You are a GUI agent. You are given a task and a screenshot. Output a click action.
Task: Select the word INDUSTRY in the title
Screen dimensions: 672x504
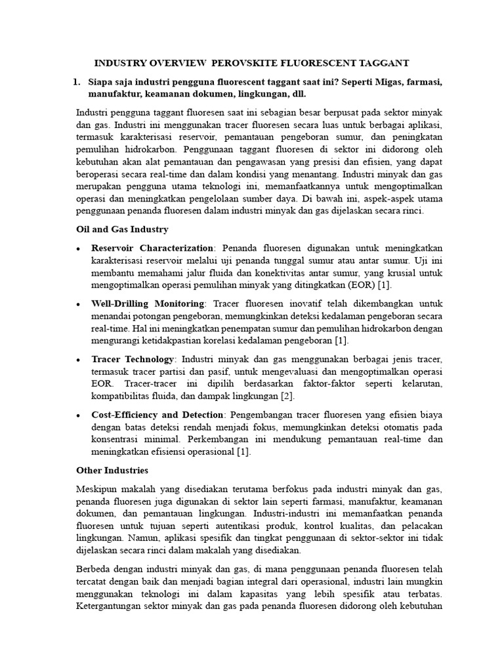coord(123,63)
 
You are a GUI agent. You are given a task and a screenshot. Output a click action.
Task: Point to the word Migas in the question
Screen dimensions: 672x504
coord(381,81)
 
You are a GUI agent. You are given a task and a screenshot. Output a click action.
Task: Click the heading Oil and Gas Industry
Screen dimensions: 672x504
coord(122,229)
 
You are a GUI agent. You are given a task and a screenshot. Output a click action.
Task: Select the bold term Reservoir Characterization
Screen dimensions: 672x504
coord(152,247)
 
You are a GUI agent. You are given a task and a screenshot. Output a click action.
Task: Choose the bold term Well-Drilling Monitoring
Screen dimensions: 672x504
coord(148,304)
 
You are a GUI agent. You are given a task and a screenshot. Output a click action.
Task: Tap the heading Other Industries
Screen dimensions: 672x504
coord(112,471)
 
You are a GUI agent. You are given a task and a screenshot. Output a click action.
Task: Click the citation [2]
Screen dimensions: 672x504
coord(287,396)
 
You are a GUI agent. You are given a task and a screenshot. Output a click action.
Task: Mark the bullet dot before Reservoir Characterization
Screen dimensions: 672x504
coord(79,248)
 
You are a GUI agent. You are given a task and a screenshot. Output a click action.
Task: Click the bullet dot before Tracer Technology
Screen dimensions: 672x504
coord(79,360)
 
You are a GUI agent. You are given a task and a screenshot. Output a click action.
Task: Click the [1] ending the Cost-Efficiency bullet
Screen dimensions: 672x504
coord(243,452)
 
